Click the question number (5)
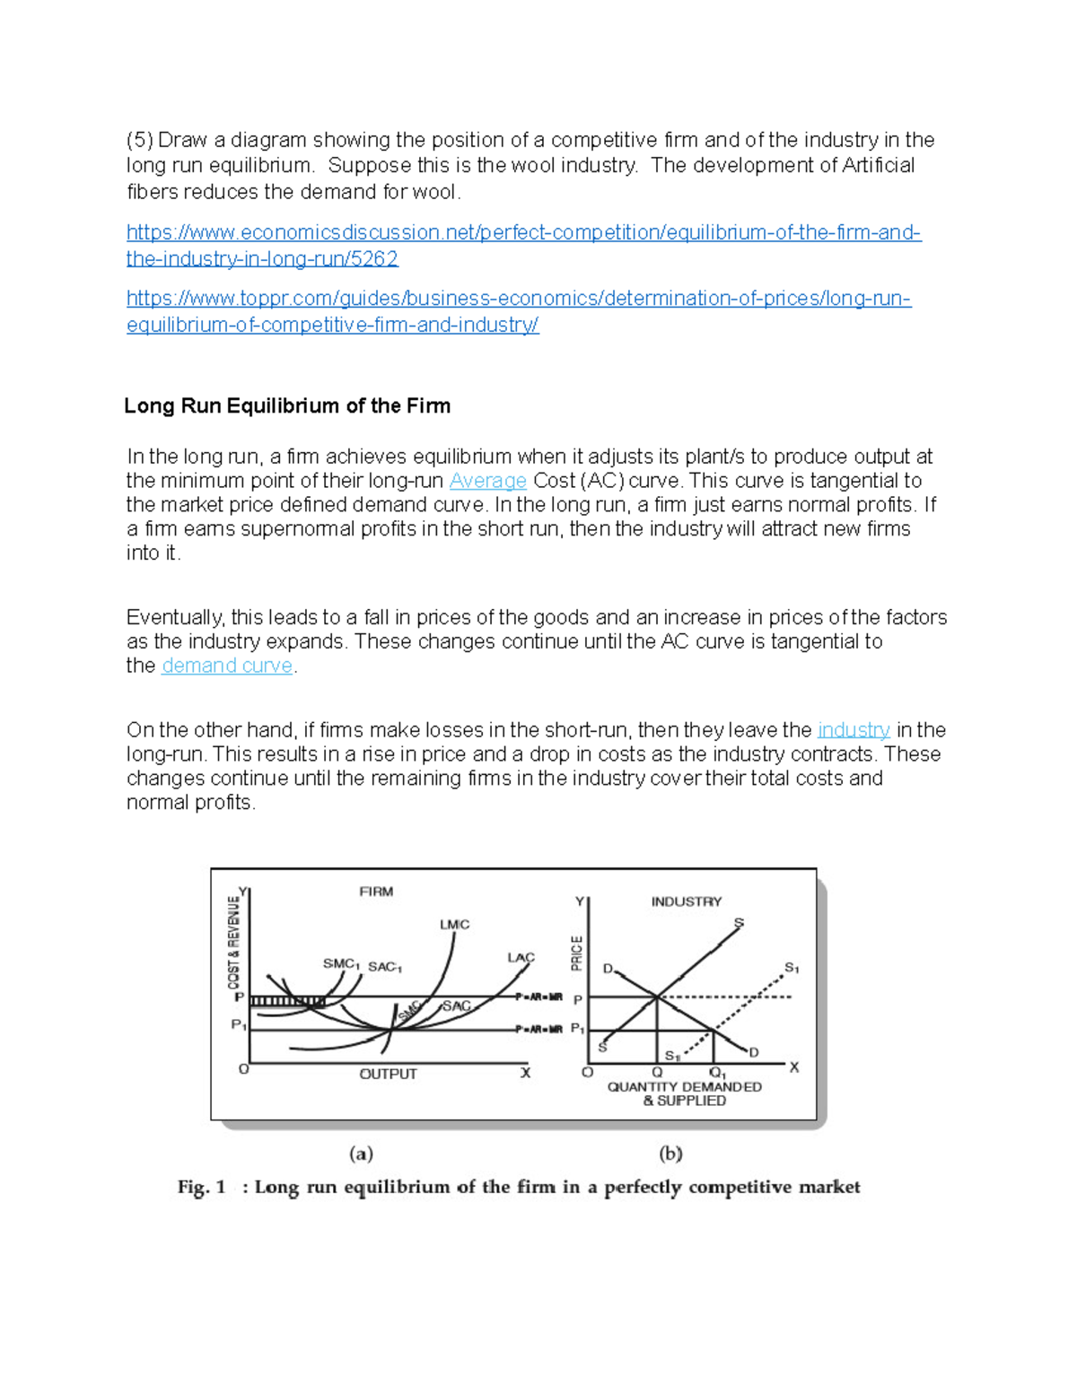[x=140, y=140]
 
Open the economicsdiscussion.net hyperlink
[x=523, y=233]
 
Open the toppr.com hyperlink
[x=519, y=299]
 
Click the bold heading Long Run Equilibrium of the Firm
[x=287, y=406]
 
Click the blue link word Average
[x=487, y=481]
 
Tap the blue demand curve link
[x=227, y=666]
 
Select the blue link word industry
[x=854, y=730]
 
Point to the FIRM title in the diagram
[x=376, y=892]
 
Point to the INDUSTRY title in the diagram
[x=687, y=901]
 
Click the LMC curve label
[x=454, y=924]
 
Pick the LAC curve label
[x=521, y=957]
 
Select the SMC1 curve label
[x=341, y=963]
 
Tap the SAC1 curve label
[x=385, y=967]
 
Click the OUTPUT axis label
[x=388, y=1074]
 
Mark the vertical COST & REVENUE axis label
[x=234, y=942]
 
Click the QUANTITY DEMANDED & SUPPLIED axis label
[x=684, y=1093]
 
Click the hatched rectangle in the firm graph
[x=287, y=1001]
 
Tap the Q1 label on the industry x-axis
[x=718, y=1073]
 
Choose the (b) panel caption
[x=670, y=1154]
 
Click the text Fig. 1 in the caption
[x=201, y=1188]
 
